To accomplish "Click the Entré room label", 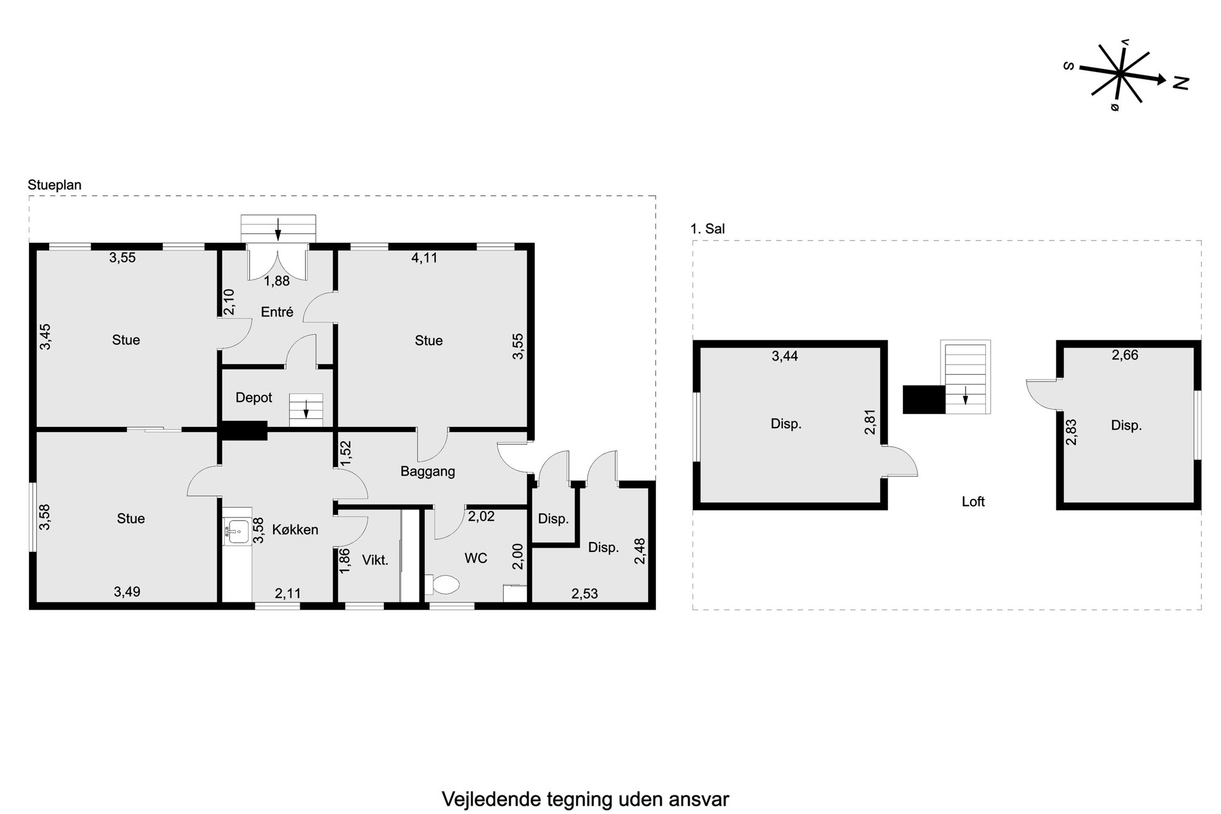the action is click(277, 312).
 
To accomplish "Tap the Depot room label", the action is click(254, 397).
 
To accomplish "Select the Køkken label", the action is click(295, 529).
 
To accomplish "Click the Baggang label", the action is click(428, 471).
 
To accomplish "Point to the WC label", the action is click(476, 558).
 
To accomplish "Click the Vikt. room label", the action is click(375, 560).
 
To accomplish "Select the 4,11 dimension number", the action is click(425, 258).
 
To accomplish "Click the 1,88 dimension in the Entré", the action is click(277, 281).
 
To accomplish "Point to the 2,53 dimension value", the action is click(585, 594).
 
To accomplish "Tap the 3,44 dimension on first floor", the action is click(785, 356).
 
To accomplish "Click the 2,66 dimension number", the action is click(1125, 355).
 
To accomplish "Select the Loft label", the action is click(973, 501).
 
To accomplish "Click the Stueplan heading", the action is click(55, 185).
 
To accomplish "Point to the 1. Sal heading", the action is click(708, 229).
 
